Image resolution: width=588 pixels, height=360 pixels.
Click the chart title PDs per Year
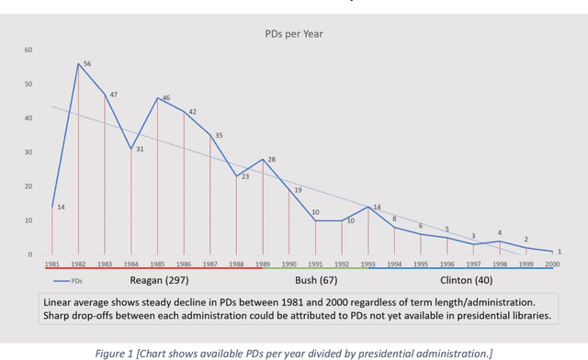point(293,34)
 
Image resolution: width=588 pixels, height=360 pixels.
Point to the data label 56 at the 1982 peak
point(87,64)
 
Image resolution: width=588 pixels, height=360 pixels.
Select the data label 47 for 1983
point(113,95)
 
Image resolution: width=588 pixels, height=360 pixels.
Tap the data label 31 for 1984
point(140,149)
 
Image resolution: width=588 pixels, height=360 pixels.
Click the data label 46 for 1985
point(166,98)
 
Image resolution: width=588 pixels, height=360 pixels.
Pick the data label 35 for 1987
point(219,135)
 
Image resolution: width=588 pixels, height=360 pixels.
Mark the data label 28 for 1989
point(272,159)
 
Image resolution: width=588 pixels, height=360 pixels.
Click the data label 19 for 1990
point(298,190)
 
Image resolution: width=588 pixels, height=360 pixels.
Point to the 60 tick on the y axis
point(28,50)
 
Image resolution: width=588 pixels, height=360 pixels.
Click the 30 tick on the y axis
point(28,152)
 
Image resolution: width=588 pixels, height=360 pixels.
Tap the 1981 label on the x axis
point(51,264)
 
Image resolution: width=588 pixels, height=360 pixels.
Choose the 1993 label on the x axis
point(367,264)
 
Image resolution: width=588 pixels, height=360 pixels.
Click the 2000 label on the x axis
point(552,264)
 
